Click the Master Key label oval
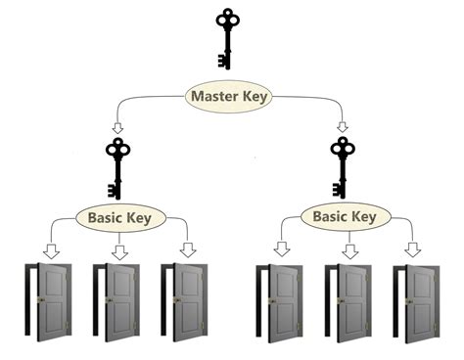[x=229, y=97]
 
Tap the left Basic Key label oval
[x=117, y=216]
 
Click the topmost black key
[x=228, y=39]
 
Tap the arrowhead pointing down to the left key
[x=117, y=127]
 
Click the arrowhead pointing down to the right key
[x=342, y=127]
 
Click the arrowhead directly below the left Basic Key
[x=119, y=251]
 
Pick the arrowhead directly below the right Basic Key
[x=349, y=251]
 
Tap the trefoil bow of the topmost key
[x=228, y=19]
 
